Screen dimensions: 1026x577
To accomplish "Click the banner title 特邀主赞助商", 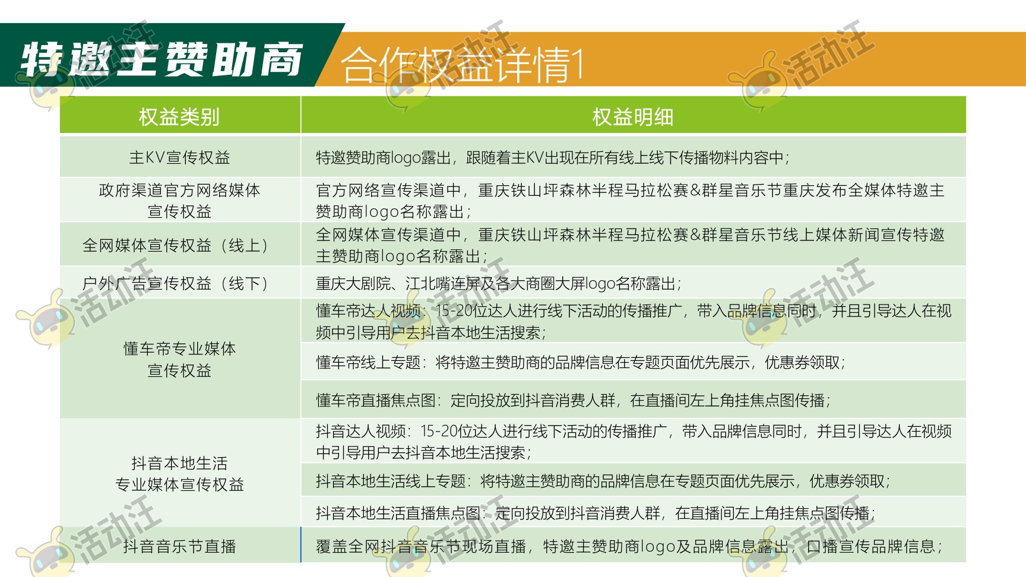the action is [x=161, y=59].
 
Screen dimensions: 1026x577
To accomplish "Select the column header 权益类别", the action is [x=179, y=116].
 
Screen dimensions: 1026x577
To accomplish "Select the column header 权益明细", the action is [x=633, y=116].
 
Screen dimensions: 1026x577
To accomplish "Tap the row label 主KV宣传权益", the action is [x=179, y=157].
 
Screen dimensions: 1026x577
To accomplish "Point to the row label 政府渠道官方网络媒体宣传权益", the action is [x=179, y=201].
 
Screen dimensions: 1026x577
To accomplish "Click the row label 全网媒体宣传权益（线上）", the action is [x=179, y=245].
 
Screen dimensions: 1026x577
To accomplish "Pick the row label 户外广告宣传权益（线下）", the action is [x=179, y=283].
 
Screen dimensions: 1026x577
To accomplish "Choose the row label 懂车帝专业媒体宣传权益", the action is [x=179, y=359].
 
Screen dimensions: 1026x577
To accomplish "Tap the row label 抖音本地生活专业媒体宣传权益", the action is [x=179, y=474].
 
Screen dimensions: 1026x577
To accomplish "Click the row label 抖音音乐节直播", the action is [x=179, y=546].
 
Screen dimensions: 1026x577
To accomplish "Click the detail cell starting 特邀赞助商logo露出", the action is [x=553, y=157].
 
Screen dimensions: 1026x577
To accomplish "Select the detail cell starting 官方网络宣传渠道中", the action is [x=630, y=201].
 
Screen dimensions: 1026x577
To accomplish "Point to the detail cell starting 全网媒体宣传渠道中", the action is [x=630, y=245].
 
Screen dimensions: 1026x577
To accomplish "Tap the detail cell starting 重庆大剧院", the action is [x=499, y=283].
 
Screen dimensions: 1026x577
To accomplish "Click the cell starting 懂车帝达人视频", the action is [x=634, y=321].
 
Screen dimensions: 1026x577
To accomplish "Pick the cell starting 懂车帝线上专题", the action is [x=581, y=362].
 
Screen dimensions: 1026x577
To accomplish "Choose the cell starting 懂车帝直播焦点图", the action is [x=573, y=400].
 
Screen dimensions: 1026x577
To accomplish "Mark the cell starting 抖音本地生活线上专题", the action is [x=603, y=481].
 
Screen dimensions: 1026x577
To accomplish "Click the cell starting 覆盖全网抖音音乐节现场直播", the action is [x=629, y=546].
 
